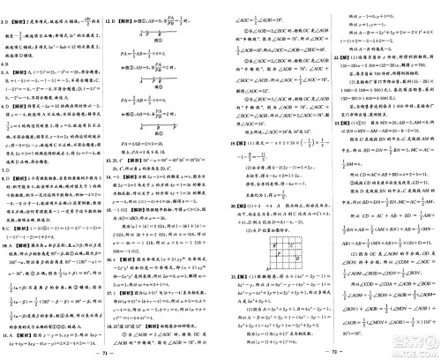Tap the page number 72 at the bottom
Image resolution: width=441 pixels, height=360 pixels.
330,350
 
